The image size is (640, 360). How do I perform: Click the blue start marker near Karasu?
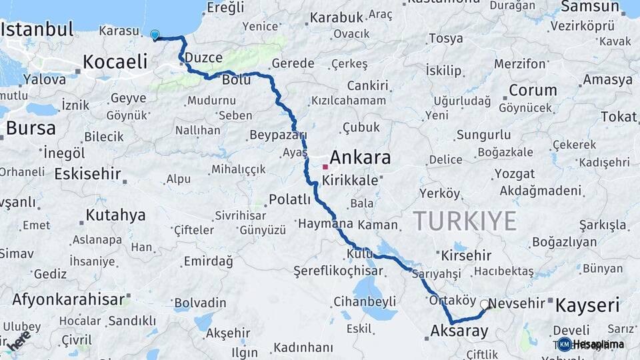point(155,35)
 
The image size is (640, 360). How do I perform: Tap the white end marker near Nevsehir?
point(485,304)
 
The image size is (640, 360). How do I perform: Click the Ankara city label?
point(360,158)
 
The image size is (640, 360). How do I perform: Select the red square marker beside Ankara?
point(325,167)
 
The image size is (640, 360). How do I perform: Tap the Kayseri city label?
point(587,306)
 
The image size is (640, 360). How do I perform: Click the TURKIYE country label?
point(465,220)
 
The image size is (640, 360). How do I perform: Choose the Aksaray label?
point(459,331)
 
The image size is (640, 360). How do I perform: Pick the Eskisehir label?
point(88,174)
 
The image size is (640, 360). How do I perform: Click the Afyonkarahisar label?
point(69,299)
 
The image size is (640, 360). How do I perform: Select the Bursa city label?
point(31,127)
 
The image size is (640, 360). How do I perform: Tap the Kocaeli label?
point(115,63)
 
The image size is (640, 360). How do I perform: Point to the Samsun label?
point(590,7)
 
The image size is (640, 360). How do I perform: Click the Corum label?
point(533,90)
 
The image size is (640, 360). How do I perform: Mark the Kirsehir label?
point(466,255)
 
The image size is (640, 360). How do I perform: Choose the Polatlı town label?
point(290,199)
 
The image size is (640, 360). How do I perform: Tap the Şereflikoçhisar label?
point(338,271)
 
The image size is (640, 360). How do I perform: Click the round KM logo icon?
point(565,344)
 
